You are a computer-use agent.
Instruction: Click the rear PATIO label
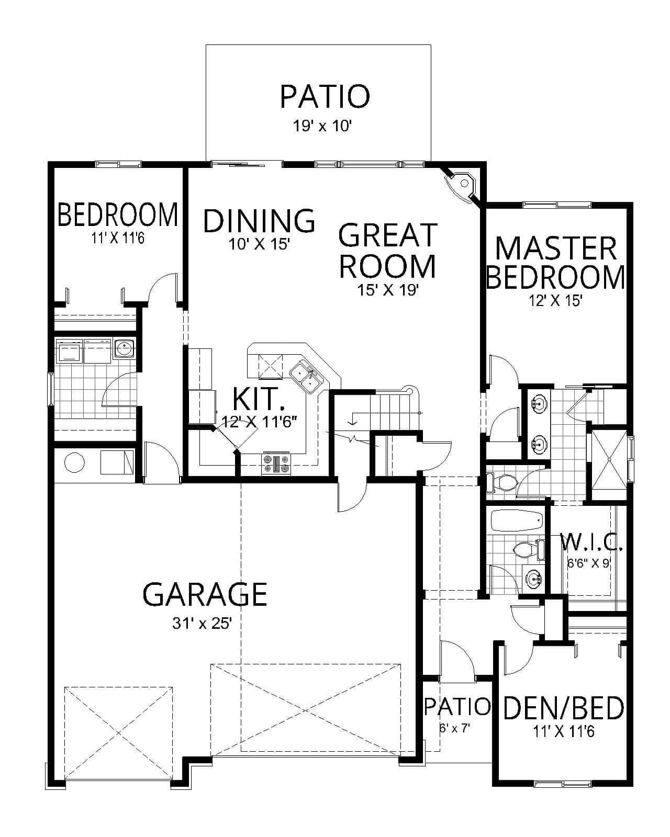coord(325,96)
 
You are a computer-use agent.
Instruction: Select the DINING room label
coord(259,220)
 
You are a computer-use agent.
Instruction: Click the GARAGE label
coord(205,594)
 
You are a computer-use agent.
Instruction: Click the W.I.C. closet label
coord(591,542)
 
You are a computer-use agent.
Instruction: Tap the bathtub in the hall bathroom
coord(516,521)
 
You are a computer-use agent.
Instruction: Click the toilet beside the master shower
coord(504,482)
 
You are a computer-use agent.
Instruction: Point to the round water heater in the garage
coord(74,462)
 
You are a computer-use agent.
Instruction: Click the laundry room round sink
coord(124,348)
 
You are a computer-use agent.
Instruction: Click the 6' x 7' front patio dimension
coord(454,728)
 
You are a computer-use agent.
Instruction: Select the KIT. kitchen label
coord(259,399)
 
